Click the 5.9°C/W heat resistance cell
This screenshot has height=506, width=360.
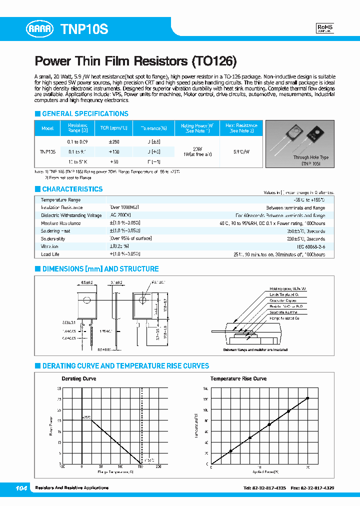[241, 151]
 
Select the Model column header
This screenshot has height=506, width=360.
[47, 128]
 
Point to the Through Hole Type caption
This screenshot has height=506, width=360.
[310, 157]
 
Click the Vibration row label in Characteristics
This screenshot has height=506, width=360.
[49, 246]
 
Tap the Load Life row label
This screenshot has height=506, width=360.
[49, 254]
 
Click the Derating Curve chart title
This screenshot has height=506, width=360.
[78, 378]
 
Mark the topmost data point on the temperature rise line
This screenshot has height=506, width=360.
[307, 398]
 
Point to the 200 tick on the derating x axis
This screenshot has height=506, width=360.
[158, 467]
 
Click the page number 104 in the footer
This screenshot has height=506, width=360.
[21, 487]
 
